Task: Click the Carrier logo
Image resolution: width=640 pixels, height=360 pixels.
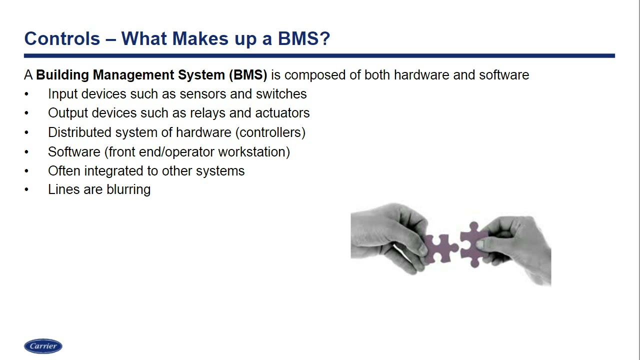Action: pos(43,346)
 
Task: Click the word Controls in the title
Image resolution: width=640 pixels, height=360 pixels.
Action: pos(62,38)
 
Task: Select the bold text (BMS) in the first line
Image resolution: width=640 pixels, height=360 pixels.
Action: pos(248,75)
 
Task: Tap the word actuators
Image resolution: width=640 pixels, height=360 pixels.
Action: pos(282,113)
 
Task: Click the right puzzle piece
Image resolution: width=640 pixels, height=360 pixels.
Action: pos(472,244)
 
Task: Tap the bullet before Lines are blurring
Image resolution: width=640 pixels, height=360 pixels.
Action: pos(26,190)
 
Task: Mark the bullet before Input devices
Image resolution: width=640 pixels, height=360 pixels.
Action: pos(26,94)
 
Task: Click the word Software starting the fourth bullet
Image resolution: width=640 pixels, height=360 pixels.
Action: pos(74,152)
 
